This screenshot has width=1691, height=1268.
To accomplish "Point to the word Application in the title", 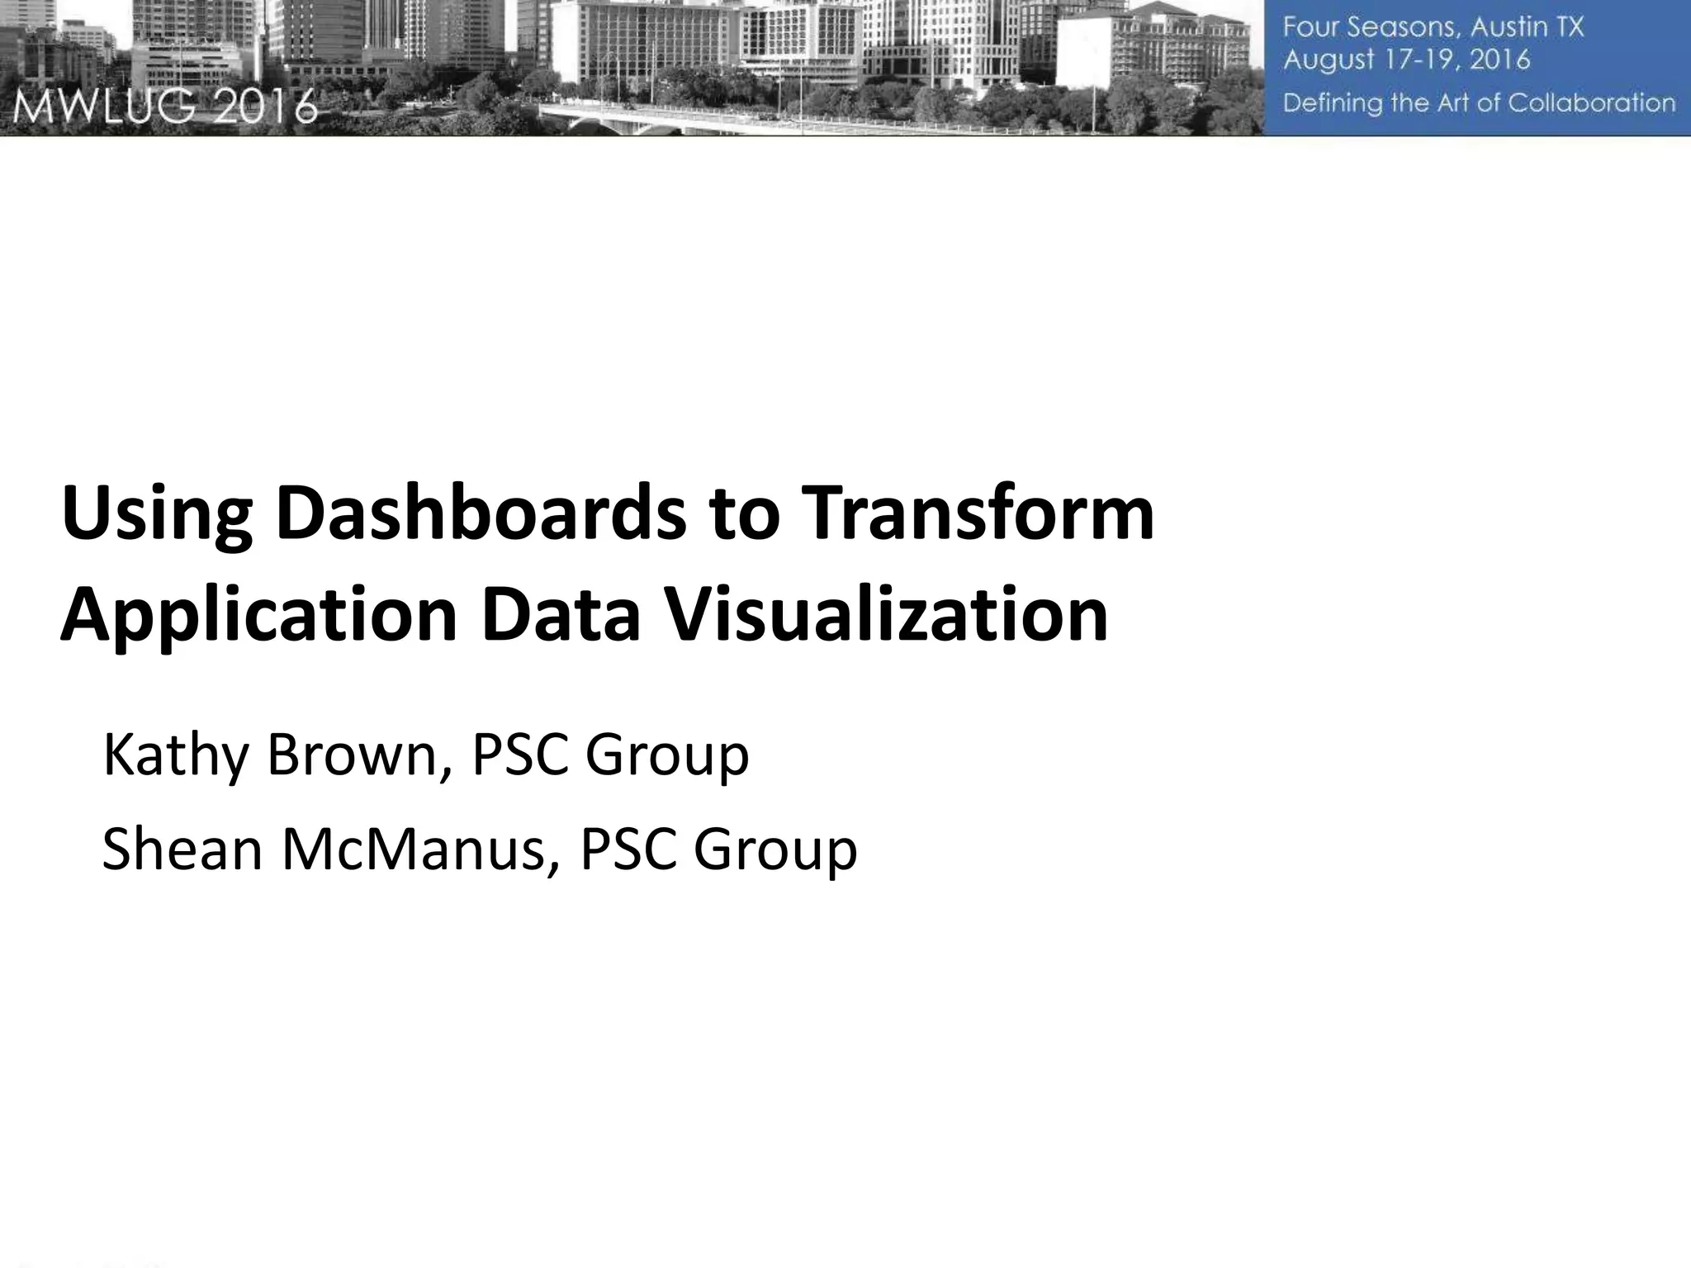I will tap(258, 617).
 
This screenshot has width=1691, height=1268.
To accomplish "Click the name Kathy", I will tap(175, 756).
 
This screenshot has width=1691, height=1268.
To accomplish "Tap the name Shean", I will tap(182, 850).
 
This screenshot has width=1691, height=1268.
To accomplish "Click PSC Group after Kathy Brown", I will tap(610, 756).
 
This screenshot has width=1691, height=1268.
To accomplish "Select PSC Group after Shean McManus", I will tap(718, 850).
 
